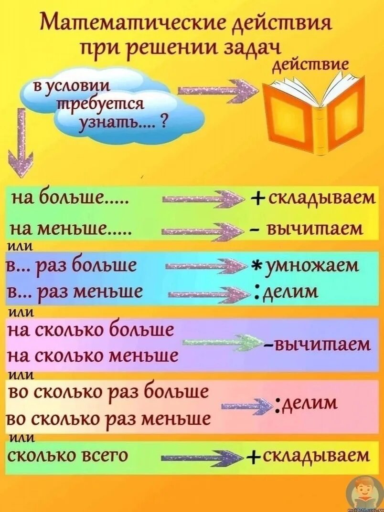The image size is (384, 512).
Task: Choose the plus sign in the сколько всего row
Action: (x=252, y=457)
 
